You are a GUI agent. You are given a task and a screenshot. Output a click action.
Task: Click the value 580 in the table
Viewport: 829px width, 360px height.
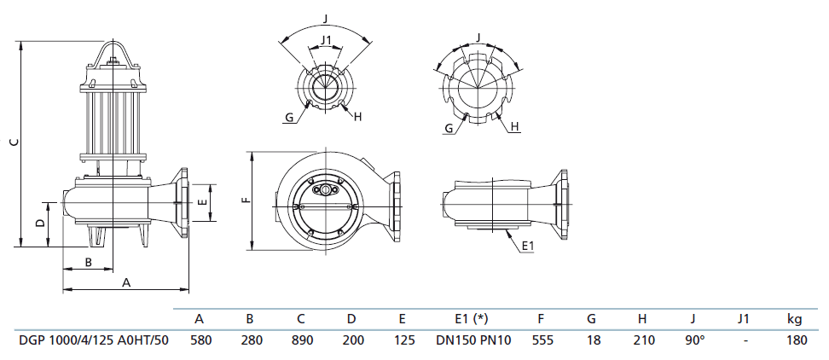[199, 340]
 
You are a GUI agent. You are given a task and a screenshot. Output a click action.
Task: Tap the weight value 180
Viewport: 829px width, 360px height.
[794, 340]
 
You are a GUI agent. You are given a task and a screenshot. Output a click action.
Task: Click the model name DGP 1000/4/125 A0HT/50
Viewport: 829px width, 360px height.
[94, 340]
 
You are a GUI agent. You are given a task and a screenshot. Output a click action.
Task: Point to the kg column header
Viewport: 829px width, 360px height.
[794, 320]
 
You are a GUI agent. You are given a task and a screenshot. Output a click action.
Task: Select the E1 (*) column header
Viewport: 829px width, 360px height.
[470, 320]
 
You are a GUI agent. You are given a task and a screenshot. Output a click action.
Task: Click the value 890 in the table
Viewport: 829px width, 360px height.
[300, 340]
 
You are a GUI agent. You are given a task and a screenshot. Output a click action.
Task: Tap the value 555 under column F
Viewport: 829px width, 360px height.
[541, 340]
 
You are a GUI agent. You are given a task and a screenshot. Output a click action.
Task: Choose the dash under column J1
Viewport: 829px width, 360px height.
[745, 340]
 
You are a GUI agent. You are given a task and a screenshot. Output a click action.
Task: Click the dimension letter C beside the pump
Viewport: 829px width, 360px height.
[11, 142]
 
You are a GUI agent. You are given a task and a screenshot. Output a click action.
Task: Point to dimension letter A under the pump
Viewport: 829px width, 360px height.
[126, 282]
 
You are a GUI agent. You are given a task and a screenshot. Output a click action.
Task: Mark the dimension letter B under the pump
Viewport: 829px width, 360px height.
[88, 262]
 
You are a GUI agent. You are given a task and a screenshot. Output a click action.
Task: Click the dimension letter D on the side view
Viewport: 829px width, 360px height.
[39, 223]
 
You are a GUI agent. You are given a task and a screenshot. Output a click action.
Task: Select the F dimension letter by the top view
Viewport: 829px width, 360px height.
[244, 201]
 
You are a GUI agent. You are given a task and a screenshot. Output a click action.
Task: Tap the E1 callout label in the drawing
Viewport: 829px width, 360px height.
[528, 246]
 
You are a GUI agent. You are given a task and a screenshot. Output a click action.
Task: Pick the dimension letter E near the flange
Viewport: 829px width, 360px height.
[200, 203]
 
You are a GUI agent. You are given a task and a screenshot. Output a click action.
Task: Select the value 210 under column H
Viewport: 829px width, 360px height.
[642, 340]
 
